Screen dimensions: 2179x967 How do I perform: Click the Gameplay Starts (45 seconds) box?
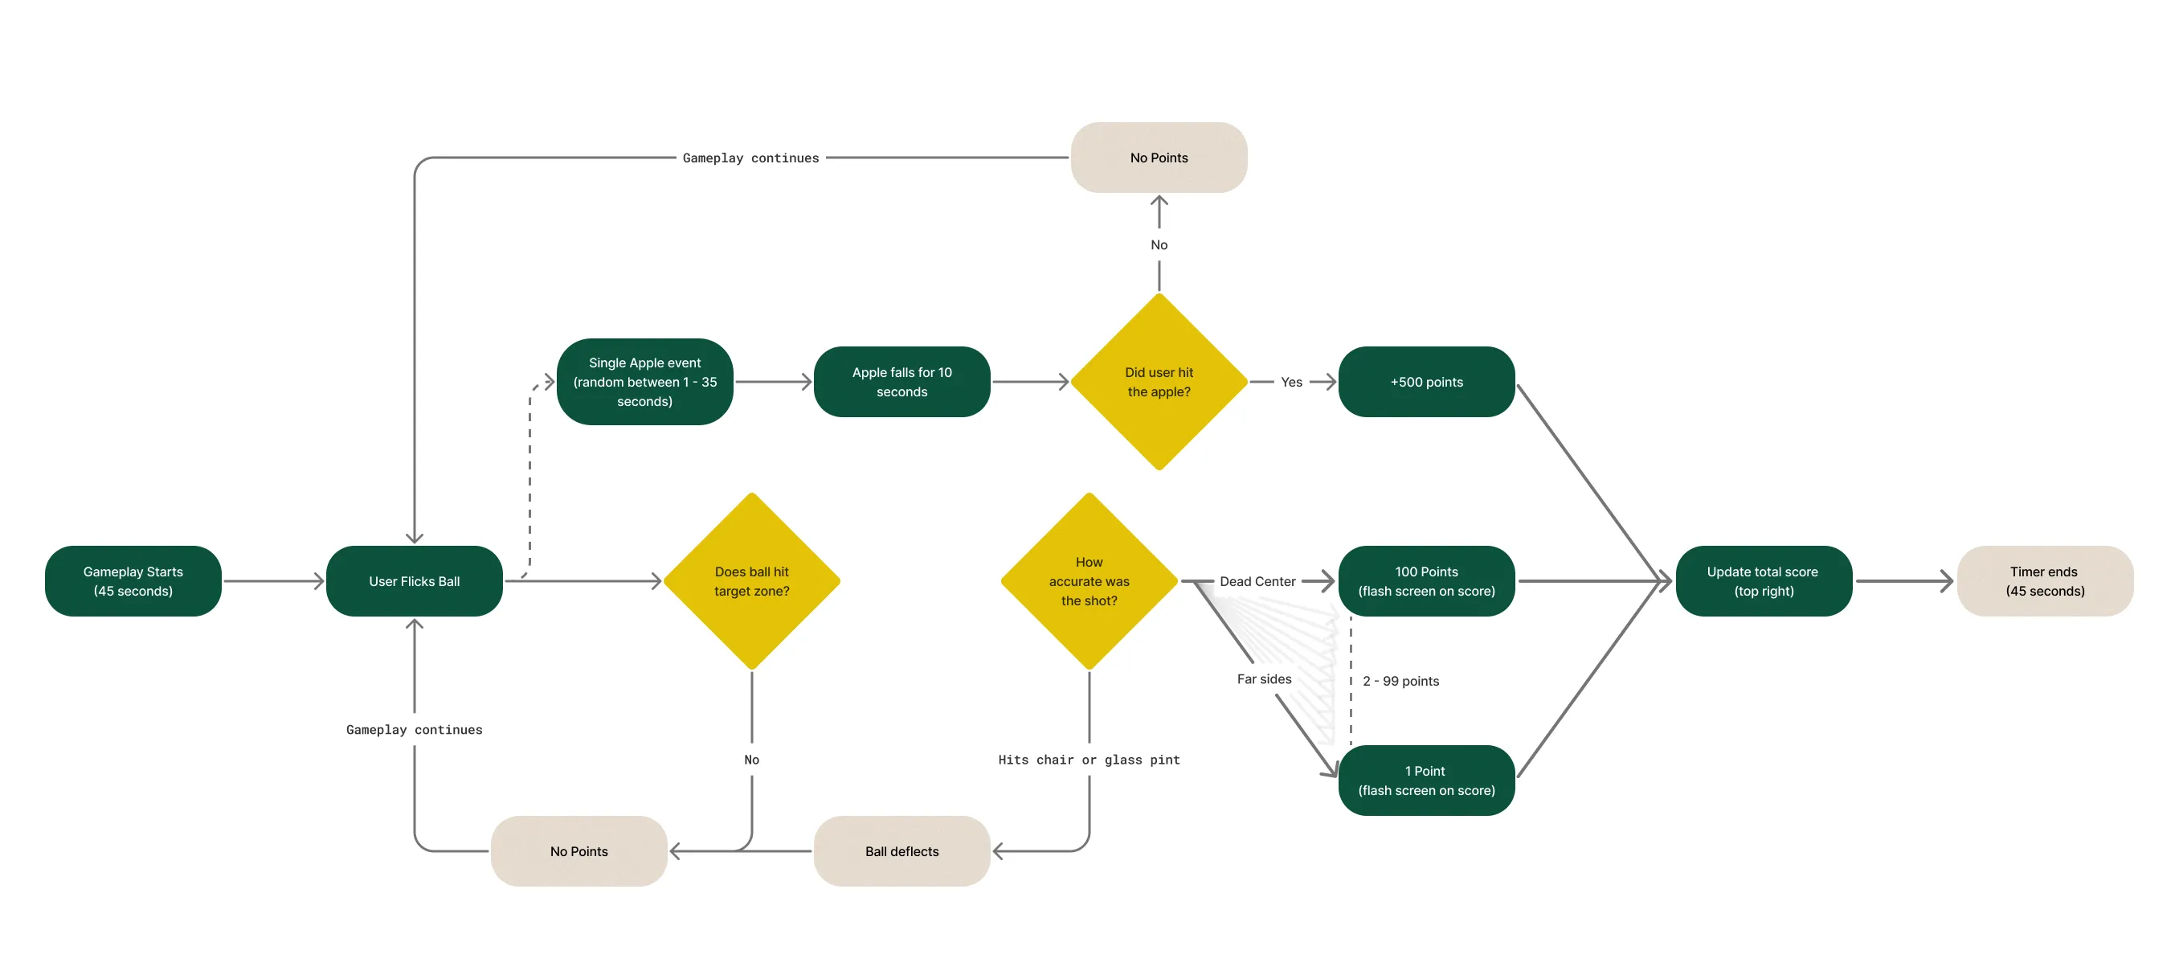pyautogui.click(x=133, y=581)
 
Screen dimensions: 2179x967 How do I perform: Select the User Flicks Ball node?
pyautogui.click(x=415, y=581)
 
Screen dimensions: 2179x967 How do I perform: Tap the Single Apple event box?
pyautogui.click(x=644, y=382)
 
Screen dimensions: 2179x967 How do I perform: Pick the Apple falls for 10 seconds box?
pyautogui.click(x=901, y=382)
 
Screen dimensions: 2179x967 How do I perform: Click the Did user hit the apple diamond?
pyautogui.click(x=1159, y=382)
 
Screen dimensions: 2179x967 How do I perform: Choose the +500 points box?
pyautogui.click(x=1426, y=382)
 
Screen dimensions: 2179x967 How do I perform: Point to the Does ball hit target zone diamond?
pyautogui.click(x=752, y=581)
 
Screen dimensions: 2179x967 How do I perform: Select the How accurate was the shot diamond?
pyautogui.click(x=1089, y=581)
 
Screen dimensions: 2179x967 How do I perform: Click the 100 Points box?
pyautogui.click(x=1426, y=581)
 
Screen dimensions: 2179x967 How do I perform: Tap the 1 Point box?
pyautogui.click(x=1426, y=780)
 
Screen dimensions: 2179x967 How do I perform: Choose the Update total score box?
pyautogui.click(x=1764, y=581)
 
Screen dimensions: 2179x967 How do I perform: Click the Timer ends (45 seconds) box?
pyautogui.click(x=2046, y=581)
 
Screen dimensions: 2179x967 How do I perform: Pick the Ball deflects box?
pyautogui.click(x=901, y=851)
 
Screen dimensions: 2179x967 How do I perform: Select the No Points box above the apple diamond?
pyautogui.click(x=1159, y=158)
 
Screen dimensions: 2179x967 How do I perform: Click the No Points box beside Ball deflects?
pyautogui.click(x=578, y=851)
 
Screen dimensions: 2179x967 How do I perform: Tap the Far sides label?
pyautogui.click(x=1264, y=678)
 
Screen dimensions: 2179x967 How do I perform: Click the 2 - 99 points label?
pyautogui.click(x=1400, y=681)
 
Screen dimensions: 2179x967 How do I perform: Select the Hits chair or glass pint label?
pyautogui.click(x=1089, y=760)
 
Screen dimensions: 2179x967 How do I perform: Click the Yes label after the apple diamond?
pyautogui.click(x=1291, y=382)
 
